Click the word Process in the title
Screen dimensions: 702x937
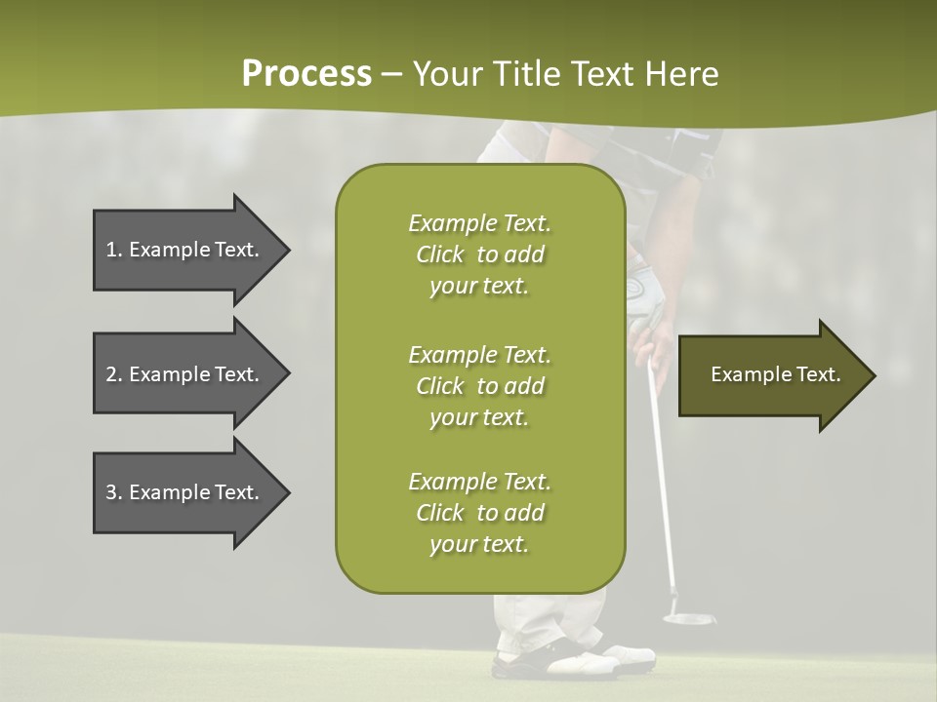click(306, 73)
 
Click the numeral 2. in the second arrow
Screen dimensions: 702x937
click(113, 374)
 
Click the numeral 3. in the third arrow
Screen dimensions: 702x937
click(113, 492)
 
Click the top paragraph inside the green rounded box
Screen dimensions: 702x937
click(479, 254)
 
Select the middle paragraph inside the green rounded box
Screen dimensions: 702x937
click(479, 385)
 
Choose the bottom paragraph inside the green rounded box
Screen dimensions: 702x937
click(479, 513)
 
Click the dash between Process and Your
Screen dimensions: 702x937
click(392, 75)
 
